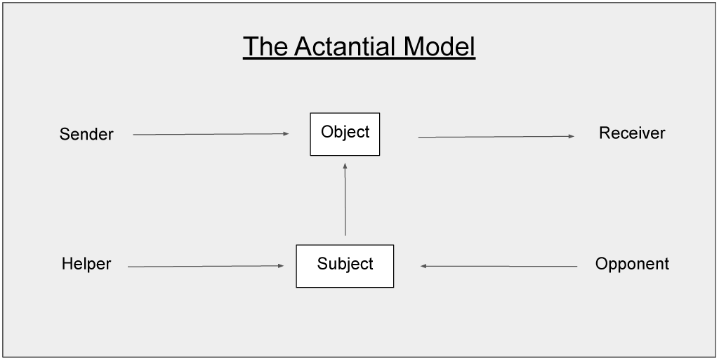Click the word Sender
click(86, 134)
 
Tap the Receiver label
click(632, 133)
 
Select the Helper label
click(86, 264)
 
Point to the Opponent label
click(632, 264)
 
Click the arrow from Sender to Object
click(211, 134)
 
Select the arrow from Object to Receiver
click(496, 136)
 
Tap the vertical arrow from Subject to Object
click(345, 199)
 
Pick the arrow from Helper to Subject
click(206, 266)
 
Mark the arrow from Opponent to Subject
click(499, 266)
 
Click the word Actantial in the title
click(345, 46)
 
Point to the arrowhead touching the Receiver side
click(572, 136)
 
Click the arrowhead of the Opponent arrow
click(423, 266)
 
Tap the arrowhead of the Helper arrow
click(281, 266)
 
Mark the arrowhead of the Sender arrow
click(286, 134)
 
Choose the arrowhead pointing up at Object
click(345, 166)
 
